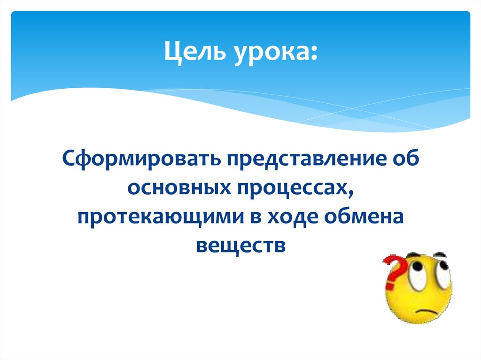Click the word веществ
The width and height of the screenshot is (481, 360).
pos(240,245)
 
